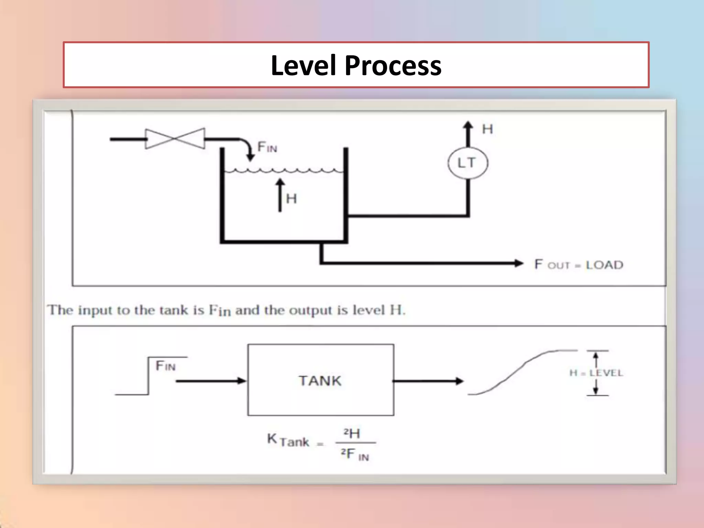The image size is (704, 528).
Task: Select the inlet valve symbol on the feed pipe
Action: point(175,139)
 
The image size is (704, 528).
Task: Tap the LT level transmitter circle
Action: point(467,163)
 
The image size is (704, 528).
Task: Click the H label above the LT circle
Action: point(487,129)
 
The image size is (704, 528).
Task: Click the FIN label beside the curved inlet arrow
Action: point(267,147)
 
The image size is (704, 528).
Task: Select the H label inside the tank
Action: point(291,199)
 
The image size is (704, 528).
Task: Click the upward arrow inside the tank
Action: point(280,195)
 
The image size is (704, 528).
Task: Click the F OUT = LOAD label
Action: point(579,265)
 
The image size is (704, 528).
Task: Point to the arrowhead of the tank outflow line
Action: point(518,263)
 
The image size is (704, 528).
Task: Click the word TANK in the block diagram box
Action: point(320,381)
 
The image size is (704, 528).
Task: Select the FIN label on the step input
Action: point(165,366)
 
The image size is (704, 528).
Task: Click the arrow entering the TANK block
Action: point(211,381)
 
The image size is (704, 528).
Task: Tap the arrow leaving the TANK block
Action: point(428,381)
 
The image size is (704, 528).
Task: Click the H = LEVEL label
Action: point(596,373)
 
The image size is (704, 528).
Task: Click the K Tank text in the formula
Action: point(288,441)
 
